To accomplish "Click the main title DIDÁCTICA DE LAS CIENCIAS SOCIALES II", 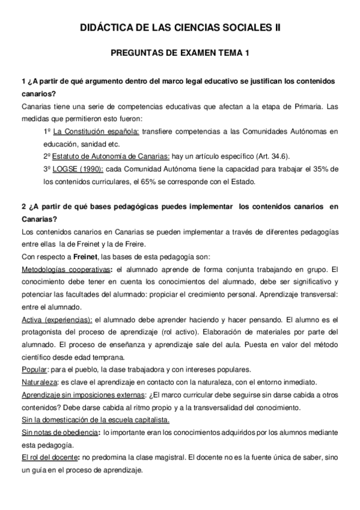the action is pyautogui.click(x=180, y=28).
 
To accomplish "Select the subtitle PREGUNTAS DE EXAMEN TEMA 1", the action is pyautogui.click(x=180, y=54).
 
